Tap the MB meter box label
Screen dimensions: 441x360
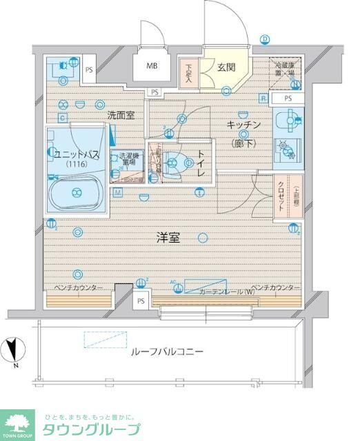[x=150, y=67]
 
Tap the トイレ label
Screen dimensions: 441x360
[x=201, y=164]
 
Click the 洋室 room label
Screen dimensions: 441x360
[x=168, y=238]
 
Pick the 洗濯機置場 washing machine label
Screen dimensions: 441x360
[x=128, y=160]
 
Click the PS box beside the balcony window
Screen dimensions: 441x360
[x=141, y=300]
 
